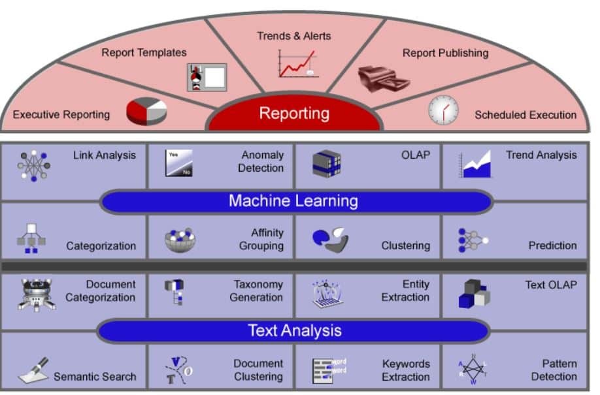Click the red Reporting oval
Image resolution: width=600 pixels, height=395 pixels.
[294, 114]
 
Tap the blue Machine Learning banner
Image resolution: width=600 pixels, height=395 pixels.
[293, 200]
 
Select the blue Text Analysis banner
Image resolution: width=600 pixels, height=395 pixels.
[294, 330]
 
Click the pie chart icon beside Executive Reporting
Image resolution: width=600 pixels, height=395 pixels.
[146, 111]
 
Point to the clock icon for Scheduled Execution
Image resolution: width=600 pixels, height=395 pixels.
[443, 110]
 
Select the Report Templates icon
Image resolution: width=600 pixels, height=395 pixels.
[207, 77]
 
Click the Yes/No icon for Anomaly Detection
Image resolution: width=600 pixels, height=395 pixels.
[178, 163]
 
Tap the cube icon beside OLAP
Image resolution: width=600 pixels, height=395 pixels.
[326, 164]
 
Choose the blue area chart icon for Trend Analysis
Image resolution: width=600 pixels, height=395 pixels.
[475, 165]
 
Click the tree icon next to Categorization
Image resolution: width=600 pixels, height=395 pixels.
[31, 239]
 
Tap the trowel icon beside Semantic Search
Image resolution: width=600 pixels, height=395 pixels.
[33, 370]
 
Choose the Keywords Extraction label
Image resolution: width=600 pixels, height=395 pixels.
[406, 370]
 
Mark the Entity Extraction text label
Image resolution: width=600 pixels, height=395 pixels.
[406, 291]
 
